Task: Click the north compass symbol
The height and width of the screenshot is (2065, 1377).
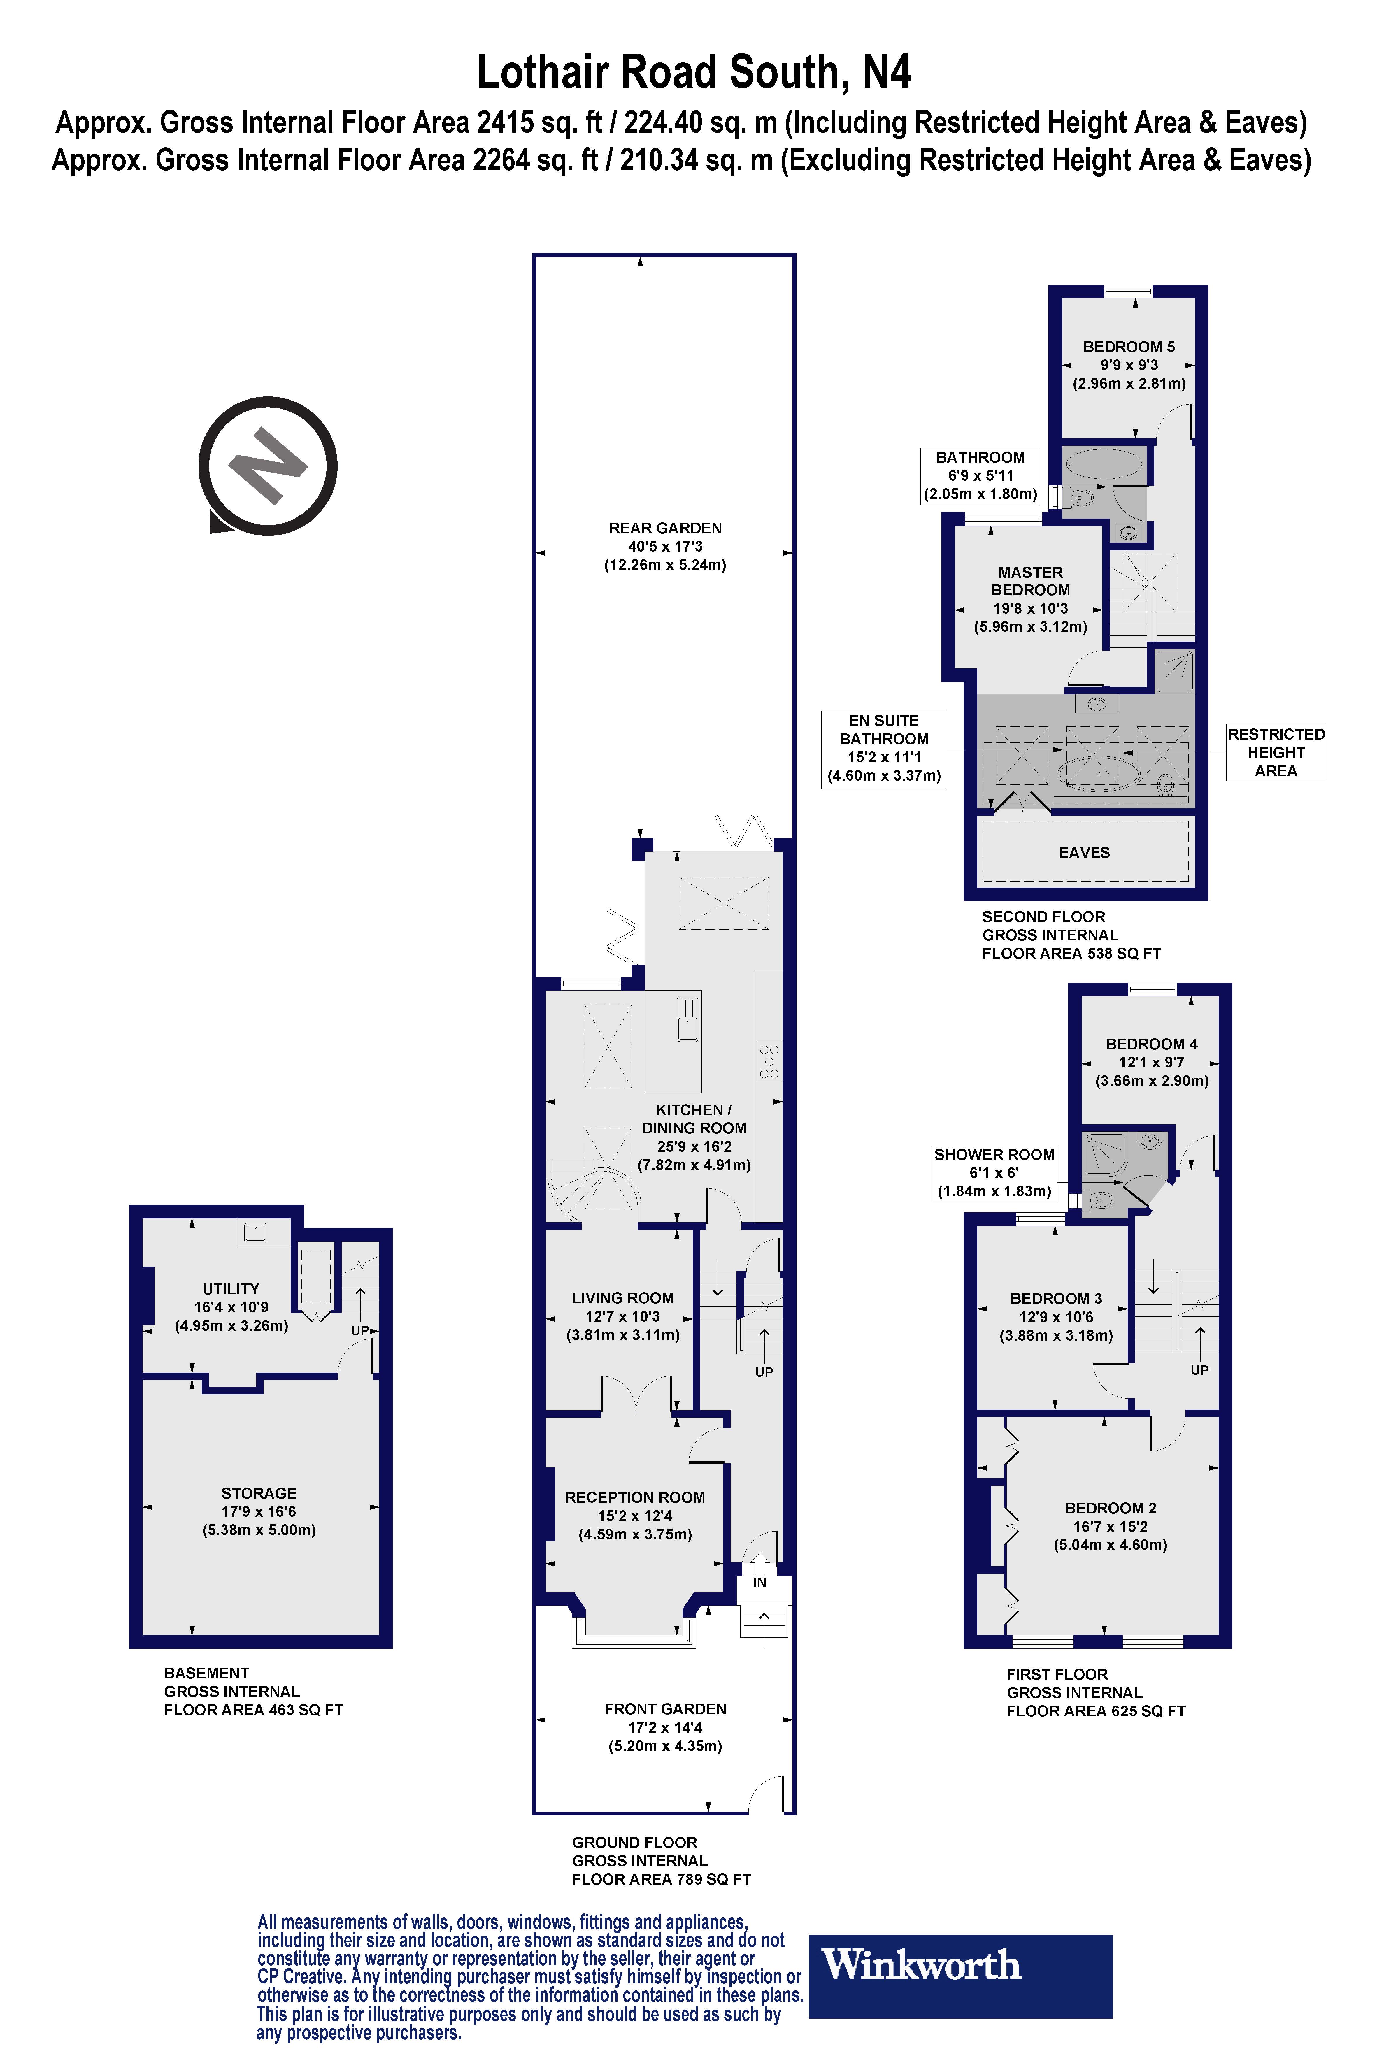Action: [x=268, y=465]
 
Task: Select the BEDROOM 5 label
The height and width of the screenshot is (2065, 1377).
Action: [x=1129, y=347]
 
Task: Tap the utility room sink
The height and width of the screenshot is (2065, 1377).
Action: [x=255, y=1233]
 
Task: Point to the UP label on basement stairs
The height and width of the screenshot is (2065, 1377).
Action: [x=360, y=1330]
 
